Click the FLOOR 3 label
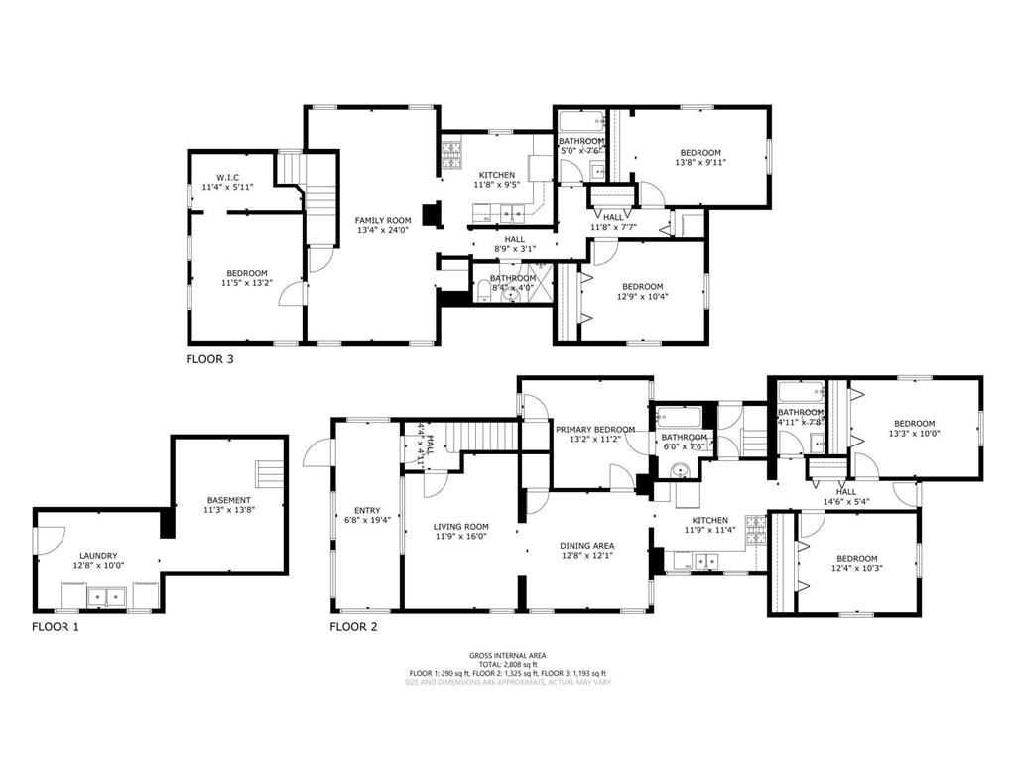click(x=209, y=359)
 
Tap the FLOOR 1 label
click(x=55, y=626)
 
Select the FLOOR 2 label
click(x=353, y=626)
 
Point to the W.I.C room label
click(x=227, y=177)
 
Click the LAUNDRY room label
click(x=98, y=556)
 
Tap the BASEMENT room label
click(x=228, y=500)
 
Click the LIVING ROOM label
click(x=460, y=527)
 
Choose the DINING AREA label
click(x=587, y=545)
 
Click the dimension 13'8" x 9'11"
click(x=699, y=163)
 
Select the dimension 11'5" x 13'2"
click(x=246, y=283)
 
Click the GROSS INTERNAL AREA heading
click(x=507, y=655)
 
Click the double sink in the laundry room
click(x=104, y=597)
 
